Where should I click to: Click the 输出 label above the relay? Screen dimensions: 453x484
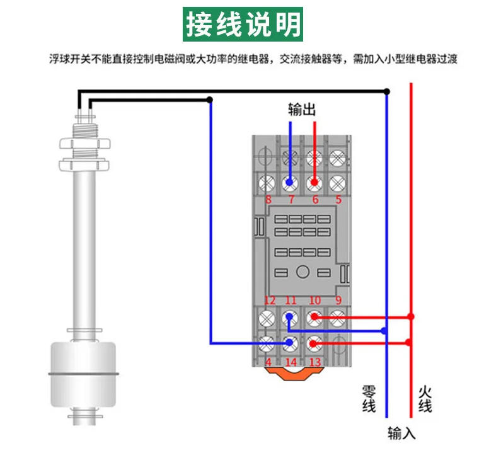pos(302,109)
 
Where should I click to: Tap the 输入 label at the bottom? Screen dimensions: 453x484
pos(401,433)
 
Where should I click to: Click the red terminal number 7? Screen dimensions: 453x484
pos(291,200)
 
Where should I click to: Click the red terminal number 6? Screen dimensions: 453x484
pos(314,200)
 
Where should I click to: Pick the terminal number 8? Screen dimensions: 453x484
pos(268,200)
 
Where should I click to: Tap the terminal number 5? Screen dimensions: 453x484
pos(338,200)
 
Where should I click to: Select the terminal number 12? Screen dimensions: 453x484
pos(269,301)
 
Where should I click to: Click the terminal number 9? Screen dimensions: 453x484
pos(338,301)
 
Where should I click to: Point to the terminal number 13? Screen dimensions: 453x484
pos(314,362)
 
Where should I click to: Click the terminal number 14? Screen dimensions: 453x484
pos(291,362)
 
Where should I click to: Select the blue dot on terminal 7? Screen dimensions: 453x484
pos(290,183)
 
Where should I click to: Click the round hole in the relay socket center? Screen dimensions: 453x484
pos(302,272)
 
